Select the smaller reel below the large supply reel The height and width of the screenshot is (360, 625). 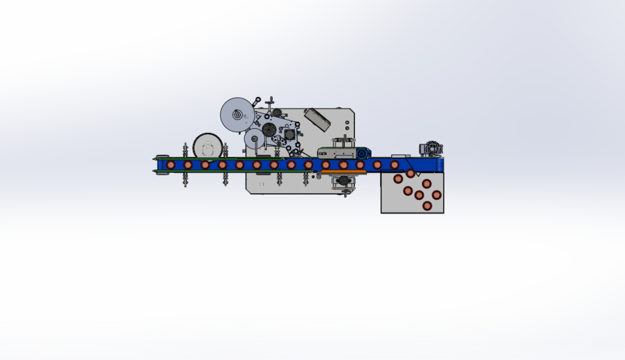click(254, 139)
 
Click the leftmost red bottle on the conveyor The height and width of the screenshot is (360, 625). click(171, 165)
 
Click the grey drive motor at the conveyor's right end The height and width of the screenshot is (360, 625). click(431, 148)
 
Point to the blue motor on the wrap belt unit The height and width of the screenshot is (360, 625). click(362, 154)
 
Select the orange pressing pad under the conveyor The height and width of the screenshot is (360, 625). click(342, 172)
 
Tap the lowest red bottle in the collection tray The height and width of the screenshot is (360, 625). click(427, 206)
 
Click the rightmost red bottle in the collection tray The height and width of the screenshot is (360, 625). click(436, 195)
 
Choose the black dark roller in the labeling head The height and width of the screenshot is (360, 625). click(269, 128)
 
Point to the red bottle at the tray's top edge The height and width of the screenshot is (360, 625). click(411, 173)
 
